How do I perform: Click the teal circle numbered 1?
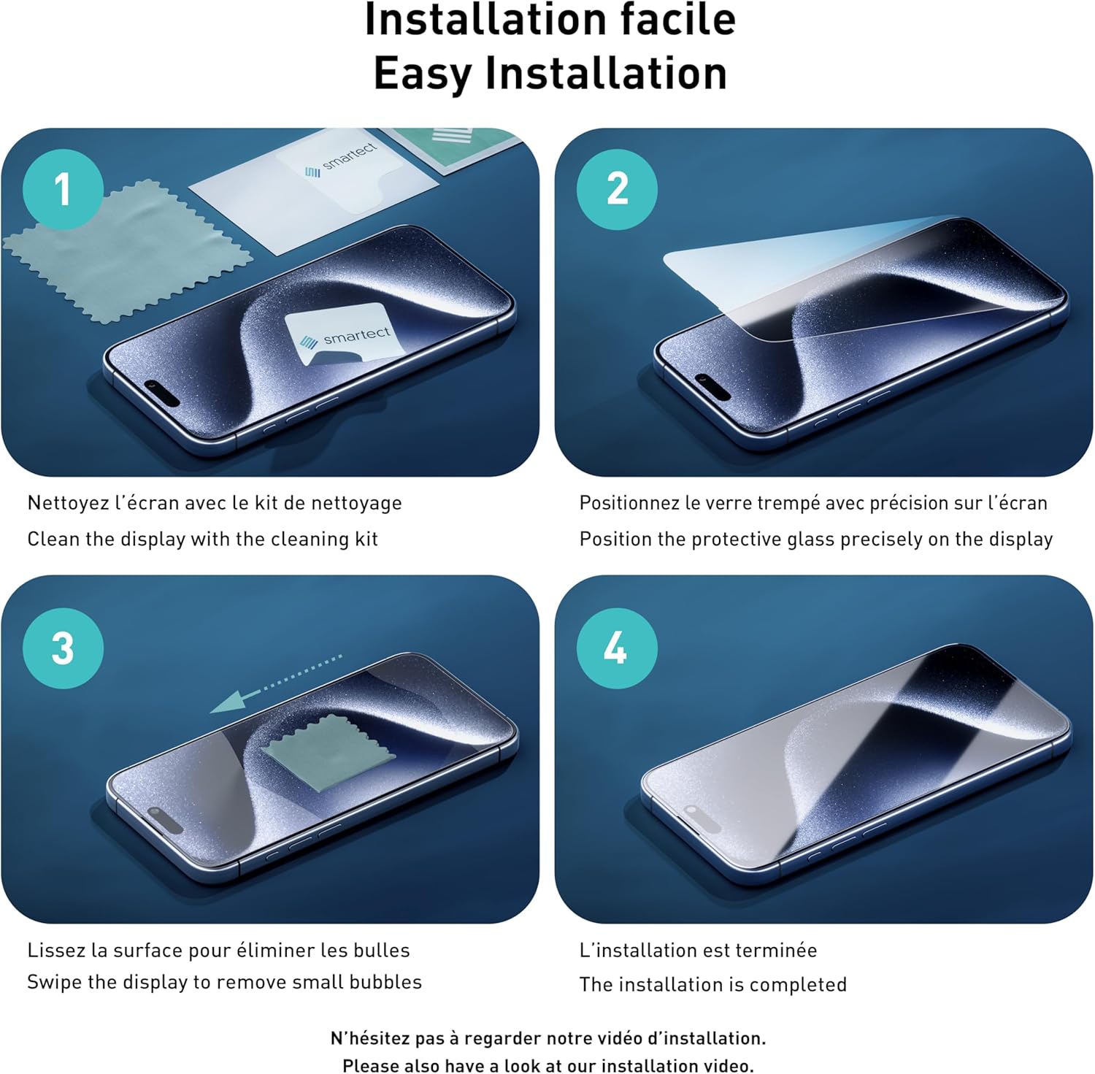(x=63, y=189)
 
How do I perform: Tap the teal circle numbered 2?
(x=617, y=189)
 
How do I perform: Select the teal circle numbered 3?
(x=63, y=648)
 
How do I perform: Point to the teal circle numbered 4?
(x=617, y=648)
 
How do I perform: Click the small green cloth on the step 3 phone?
(x=328, y=754)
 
